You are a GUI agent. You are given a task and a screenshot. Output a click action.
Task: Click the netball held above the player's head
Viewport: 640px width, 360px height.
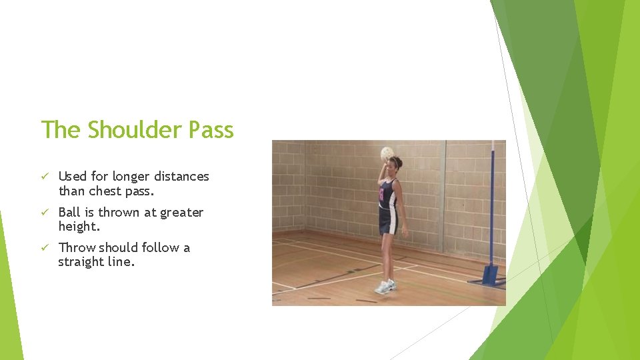(x=387, y=154)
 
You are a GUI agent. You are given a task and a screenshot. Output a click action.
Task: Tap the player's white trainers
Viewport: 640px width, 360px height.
(x=385, y=286)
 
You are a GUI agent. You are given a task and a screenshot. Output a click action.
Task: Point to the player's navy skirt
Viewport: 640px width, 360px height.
(x=389, y=221)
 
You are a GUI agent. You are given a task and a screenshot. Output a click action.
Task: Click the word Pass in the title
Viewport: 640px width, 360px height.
(x=212, y=129)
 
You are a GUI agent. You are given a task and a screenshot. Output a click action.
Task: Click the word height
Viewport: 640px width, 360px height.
(x=79, y=227)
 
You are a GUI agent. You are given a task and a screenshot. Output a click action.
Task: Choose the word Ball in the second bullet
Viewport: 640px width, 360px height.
(x=70, y=212)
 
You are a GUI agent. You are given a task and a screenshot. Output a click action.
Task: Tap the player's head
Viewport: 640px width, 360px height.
(x=395, y=164)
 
